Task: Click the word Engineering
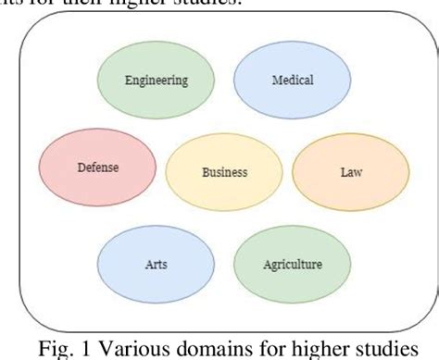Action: (156, 80)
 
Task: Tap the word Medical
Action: (291, 80)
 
